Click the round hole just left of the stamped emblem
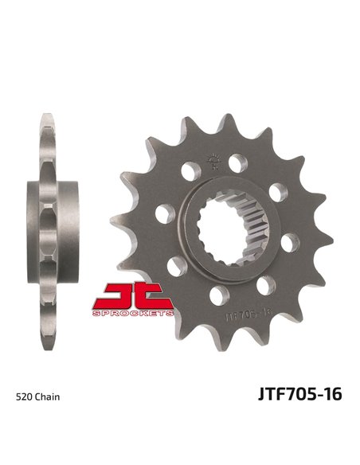pos(188,170)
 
